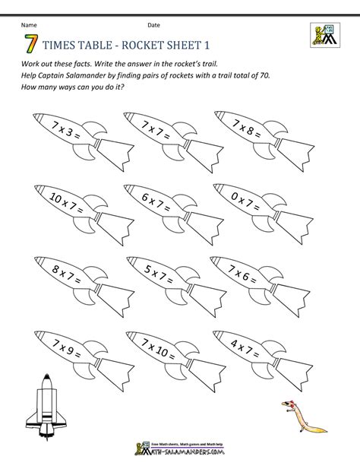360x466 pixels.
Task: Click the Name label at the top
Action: click(29, 25)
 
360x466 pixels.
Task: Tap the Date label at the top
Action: click(153, 25)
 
